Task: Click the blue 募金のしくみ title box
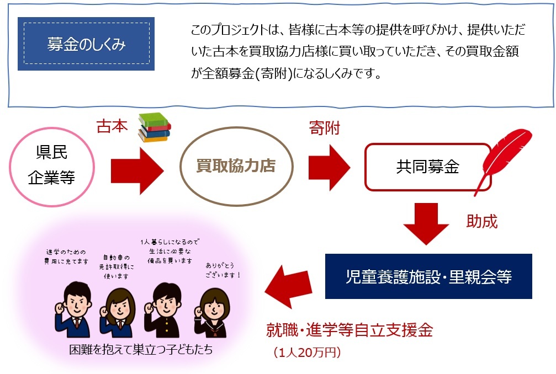(86, 44)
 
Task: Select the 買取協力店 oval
(235, 166)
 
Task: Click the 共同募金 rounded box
(427, 167)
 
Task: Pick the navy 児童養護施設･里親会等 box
(428, 276)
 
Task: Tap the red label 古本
(112, 127)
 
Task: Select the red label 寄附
(325, 128)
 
